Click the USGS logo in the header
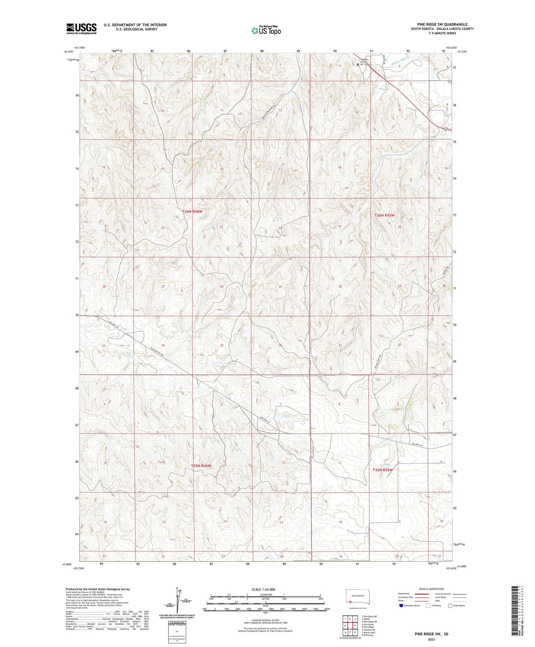click(x=81, y=29)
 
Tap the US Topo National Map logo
click(x=266, y=30)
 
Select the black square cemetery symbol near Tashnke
click(x=358, y=65)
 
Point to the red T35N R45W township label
click(x=382, y=470)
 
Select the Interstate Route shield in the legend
click(x=401, y=606)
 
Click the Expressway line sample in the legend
click(x=424, y=594)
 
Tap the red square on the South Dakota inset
click(x=351, y=603)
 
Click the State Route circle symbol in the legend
click(x=450, y=606)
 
